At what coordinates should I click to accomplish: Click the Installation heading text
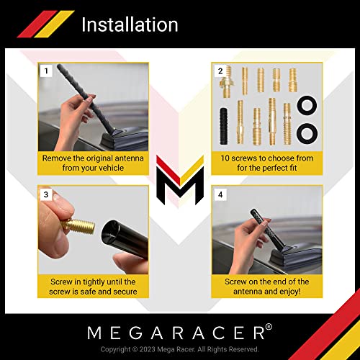coord(129,24)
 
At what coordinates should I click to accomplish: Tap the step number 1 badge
coord(46,71)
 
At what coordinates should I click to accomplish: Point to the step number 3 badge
coord(46,194)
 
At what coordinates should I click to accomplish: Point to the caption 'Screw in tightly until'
coord(94,281)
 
